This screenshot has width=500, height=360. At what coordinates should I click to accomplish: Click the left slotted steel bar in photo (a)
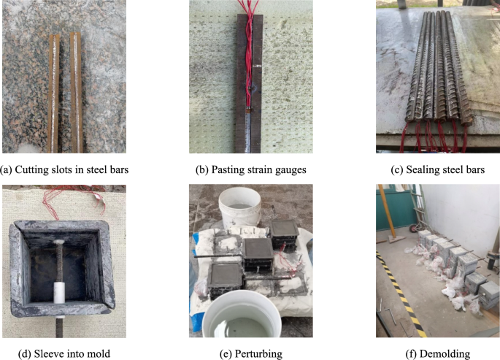53,93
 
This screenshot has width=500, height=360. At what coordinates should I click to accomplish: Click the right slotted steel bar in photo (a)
76,93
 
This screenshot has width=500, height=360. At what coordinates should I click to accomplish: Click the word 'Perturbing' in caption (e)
258,354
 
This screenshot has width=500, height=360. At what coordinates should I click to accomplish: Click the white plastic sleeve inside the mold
59,292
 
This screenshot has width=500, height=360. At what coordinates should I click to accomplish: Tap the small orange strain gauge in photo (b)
248,110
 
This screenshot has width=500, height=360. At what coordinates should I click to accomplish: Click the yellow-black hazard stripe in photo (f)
401,294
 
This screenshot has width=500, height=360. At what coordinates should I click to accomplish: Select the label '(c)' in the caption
397,169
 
